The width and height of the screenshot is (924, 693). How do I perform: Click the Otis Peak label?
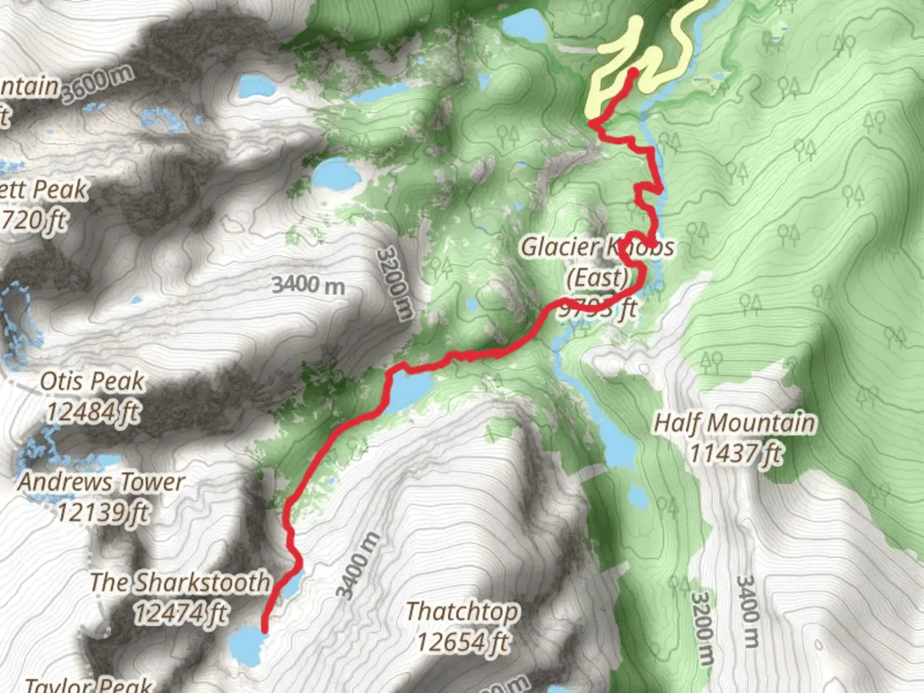click(x=92, y=381)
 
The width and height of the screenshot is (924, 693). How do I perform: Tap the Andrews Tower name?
click(x=101, y=482)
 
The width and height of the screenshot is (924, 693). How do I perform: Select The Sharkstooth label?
click(x=179, y=583)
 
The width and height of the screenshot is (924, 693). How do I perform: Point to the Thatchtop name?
click(x=462, y=611)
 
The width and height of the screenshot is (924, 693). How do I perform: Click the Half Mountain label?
click(x=735, y=424)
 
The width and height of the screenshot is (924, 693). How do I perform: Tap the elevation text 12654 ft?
click(x=463, y=641)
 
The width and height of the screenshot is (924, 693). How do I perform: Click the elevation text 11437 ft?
click(x=735, y=454)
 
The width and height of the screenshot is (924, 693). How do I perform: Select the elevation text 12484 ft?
click(x=92, y=411)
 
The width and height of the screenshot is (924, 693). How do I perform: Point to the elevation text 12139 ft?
click(x=103, y=512)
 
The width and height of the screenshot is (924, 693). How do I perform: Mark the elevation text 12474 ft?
click(x=180, y=613)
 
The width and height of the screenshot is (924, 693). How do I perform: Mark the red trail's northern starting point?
click(x=632, y=73)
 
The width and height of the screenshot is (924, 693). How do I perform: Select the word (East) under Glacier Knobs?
click(x=597, y=278)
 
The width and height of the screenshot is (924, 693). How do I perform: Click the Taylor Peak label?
click(x=90, y=685)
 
